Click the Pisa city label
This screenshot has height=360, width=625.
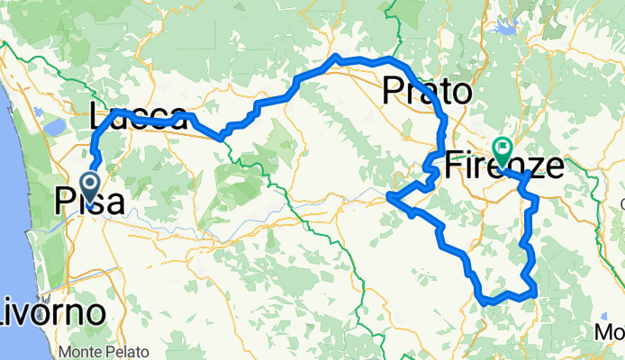pyautogui.click(x=89, y=201)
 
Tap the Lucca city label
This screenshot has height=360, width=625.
pyautogui.click(x=140, y=117)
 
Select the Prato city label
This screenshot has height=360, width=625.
pyautogui.click(x=427, y=91)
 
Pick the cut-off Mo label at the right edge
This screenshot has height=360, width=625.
pyautogui.click(x=610, y=333)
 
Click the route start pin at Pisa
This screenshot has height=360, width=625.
pyautogui.click(x=91, y=187)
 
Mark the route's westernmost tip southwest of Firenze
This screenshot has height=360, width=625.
pyautogui.click(x=387, y=195)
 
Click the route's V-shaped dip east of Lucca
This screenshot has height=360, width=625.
pyautogui.click(x=221, y=138)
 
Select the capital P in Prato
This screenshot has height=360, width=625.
pyautogui.click(x=394, y=91)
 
